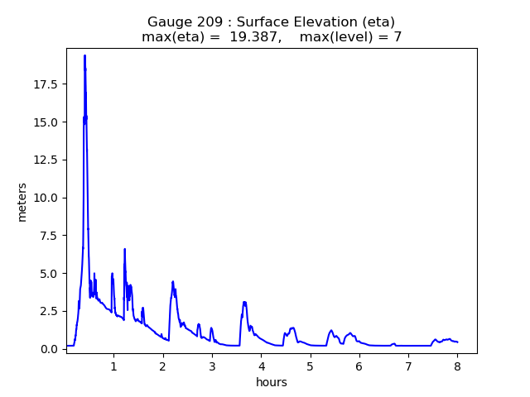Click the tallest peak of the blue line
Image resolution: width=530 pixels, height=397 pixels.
pyautogui.click(x=84, y=55)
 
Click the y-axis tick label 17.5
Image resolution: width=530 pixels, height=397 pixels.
pyautogui.click(x=46, y=84)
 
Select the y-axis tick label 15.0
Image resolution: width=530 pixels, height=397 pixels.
pyautogui.click(x=46, y=122)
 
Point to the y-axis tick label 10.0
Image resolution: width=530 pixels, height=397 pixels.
pyautogui.click(x=46, y=198)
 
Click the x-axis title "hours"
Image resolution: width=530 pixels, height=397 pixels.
pyautogui.click(x=272, y=382)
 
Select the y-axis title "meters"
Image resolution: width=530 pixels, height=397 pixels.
pyautogui.click(x=22, y=201)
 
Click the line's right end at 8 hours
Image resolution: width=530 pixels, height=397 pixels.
pyautogui.click(x=457, y=342)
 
